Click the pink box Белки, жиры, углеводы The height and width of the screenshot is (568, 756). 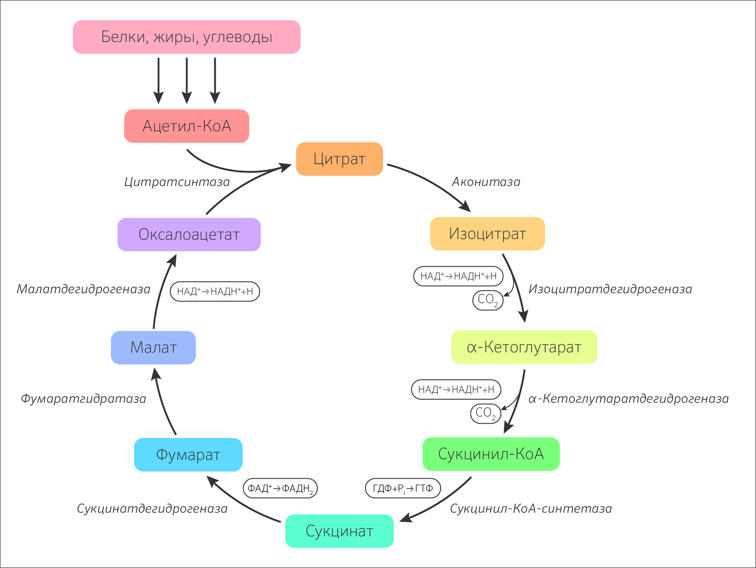pyautogui.click(x=186, y=37)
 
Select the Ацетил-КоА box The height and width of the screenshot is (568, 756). pyautogui.click(x=186, y=126)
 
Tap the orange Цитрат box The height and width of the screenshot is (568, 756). pyautogui.click(x=339, y=159)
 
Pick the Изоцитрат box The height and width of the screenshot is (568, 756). pyautogui.click(x=487, y=234)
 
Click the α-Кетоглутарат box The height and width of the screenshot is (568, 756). pyautogui.click(x=524, y=347)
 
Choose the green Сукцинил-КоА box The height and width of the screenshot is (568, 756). pyautogui.click(x=491, y=454)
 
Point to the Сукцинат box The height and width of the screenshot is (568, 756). pyautogui.click(x=339, y=531)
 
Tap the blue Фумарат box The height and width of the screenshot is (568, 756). pyautogui.click(x=188, y=455)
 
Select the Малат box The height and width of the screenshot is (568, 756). pyautogui.click(x=153, y=348)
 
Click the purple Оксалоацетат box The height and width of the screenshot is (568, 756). pyautogui.click(x=189, y=234)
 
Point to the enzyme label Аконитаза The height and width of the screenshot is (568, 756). pyautogui.click(x=486, y=182)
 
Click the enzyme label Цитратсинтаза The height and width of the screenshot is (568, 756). pyautogui.click(x=177, y=182)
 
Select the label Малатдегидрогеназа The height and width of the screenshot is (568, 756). pyautogui.click(x=83, y=289)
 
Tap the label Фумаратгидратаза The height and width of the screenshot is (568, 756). pyautogui.click(x=83, y=398)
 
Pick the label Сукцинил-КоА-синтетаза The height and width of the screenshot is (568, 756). pyautogui.click(x=531, y=509)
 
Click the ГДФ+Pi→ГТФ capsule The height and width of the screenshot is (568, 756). pyautogui.click(x=403, y=488)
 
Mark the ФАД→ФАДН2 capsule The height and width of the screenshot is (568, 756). pyautogui.click(x=280, y=488)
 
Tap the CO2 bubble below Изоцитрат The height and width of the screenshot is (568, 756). pyautogui.click(x=488, y=300)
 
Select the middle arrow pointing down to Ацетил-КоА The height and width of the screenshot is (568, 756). pyautogui.click(x=186, y=80)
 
